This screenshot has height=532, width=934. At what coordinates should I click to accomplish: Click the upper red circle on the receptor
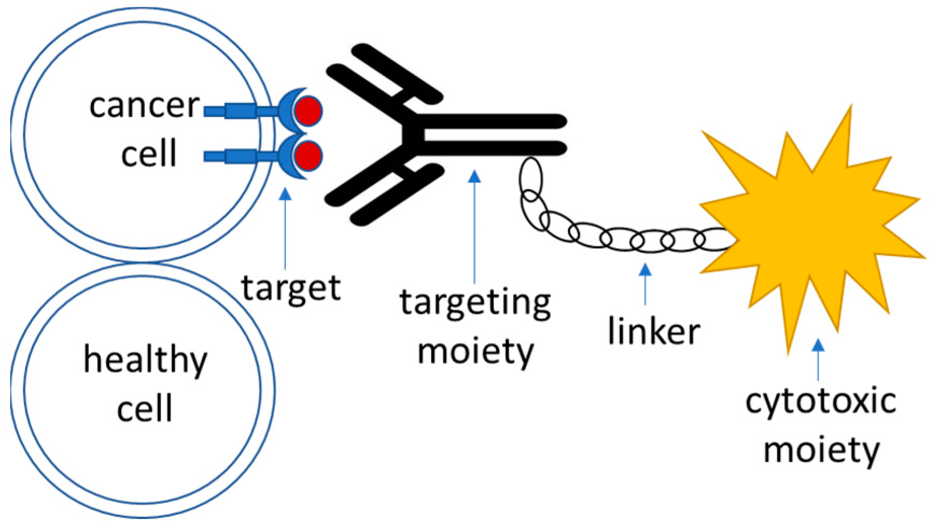pyautogui.click(x=308, y=110)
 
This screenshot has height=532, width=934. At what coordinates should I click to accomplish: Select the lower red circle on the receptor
pyautogui.click(x=308, y=155)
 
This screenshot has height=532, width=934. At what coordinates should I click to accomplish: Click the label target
pyautogui.click(x=291, y=288)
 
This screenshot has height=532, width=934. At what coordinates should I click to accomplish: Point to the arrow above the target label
pyautogui.click(x=285, y=226)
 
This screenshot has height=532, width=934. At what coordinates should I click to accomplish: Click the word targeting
pyautogui.click(x=475, y=303)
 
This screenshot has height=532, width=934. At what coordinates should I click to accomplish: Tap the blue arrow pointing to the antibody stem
pyautogui.click(x=474, y=226)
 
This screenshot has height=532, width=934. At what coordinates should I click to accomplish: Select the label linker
pyautogui.click(x=654, y=331)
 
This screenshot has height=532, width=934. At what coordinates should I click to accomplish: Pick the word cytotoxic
pyautogui.click(x=820, y=402)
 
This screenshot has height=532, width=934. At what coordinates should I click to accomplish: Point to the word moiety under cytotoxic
pyautogui.click(x=821, y=450)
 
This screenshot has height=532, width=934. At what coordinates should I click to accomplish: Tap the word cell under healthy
pyautogui.click(x=144, y=408)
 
